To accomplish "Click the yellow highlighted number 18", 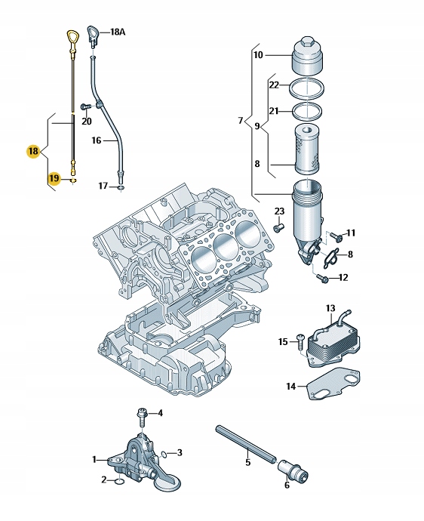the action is pyautogui.click(x=33, y=152).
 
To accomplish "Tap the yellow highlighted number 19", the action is pyautogui.click(x=54, y=178).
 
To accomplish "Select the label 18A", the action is pyautogui.click(x=117, y=32).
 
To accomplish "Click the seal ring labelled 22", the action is pyautogui.click(x=306, y=88).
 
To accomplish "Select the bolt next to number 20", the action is pyautogui.click(x=85, y=107).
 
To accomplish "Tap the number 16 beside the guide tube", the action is pyautogui.click(x=97, y=140).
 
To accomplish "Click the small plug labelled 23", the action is pyautogui.click(x=278, y=228).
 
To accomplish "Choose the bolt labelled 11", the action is pyautogui.click(x=337, y=236).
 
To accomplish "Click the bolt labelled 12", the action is pyautogui.click(x=322, y=278).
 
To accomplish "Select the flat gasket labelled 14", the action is pyautogui.click(x=333, y=385).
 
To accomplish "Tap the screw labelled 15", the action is pyautogui.click(x=300, y=341).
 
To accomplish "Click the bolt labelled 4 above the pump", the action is pyautogui.click(x=141, y=417).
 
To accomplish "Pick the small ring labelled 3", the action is pyautogui.click(x=164, y=454).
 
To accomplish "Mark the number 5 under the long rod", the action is pyautogui.click(x=247, y=462).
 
